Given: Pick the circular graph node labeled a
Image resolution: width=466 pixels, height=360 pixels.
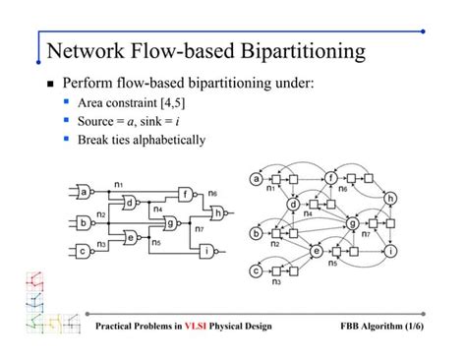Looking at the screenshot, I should pos(258,179).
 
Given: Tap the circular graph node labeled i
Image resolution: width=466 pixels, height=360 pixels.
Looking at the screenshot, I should pos(391,251).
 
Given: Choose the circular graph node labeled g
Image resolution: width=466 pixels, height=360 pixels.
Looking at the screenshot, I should pos(352,223).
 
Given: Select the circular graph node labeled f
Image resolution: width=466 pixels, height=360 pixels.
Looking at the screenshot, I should pos(330,178).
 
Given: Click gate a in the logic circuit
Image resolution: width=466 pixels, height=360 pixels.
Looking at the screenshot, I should pos(84,190).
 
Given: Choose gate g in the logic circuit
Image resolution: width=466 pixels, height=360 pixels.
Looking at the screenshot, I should pos(169,223).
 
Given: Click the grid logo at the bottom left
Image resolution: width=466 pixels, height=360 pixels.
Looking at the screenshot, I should pos(44,301).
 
